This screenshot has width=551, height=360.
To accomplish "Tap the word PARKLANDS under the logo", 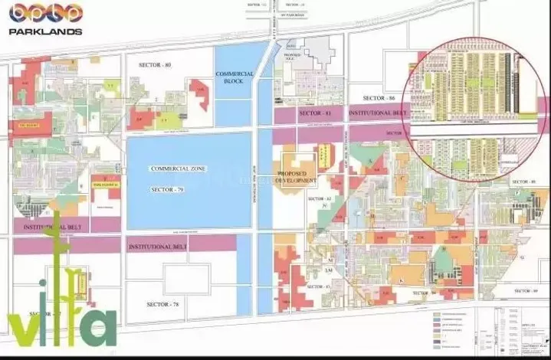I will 45,31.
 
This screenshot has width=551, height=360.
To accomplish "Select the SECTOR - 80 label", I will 156,65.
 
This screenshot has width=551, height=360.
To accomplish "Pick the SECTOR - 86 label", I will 379,98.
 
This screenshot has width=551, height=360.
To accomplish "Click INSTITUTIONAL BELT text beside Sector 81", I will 376,113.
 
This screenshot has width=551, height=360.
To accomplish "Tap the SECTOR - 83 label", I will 316,286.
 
